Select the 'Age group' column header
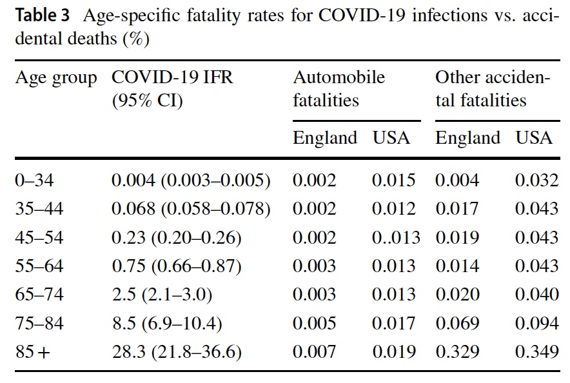pos(56,78)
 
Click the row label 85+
pos(32,351)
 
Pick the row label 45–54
pos(39,237)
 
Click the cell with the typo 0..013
pos(396,237)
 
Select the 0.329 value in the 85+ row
pos(457,351)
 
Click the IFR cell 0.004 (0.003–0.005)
pos(191,180)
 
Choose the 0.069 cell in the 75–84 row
pos(457,323)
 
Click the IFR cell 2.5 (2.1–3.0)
pos(162,295)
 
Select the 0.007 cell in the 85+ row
pos(314,351)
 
